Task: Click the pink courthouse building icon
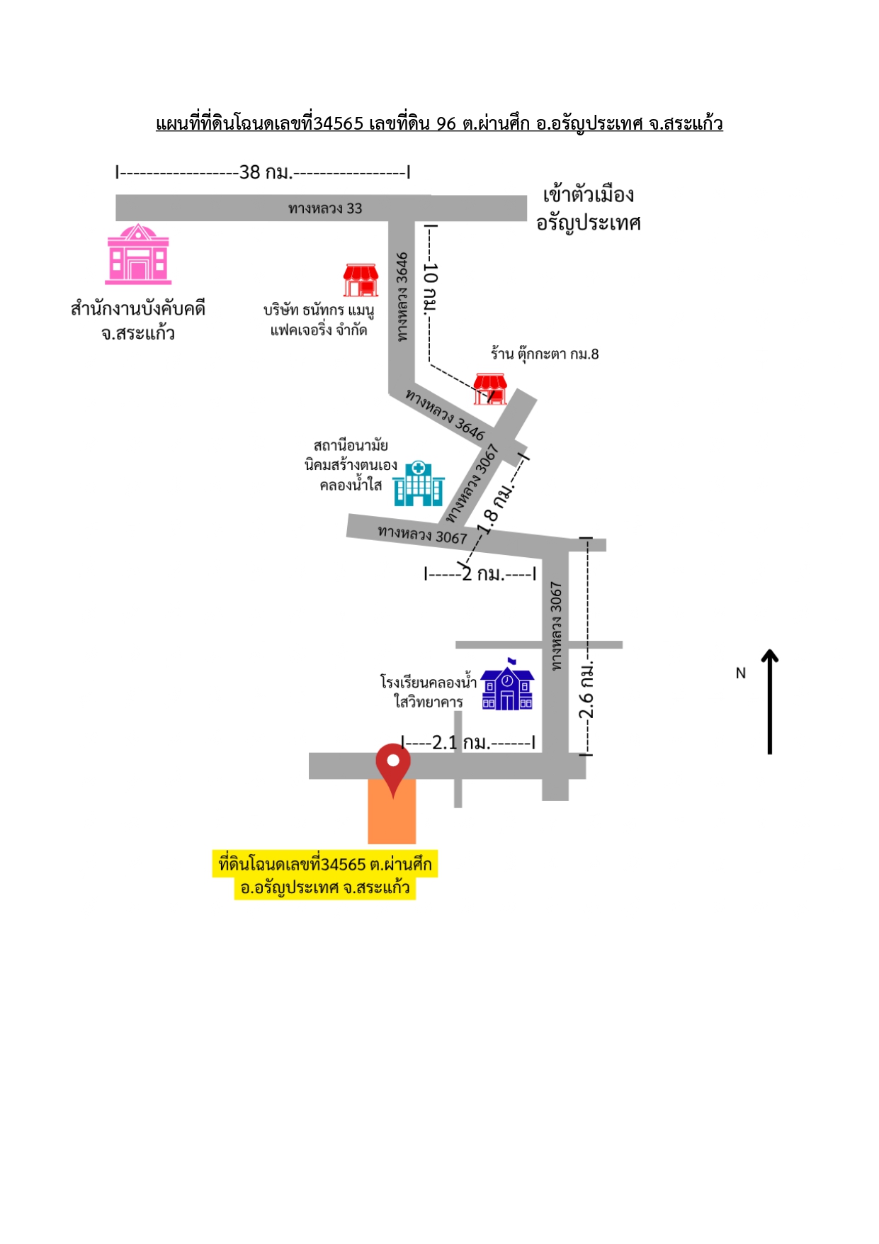coord(138,254)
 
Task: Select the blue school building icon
coord(507,685)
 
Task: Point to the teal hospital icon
coord(419,483)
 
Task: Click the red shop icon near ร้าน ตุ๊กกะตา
coord(490,389)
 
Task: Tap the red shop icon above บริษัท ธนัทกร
coord(361,280)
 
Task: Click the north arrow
coord(770,702)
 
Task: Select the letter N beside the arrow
coord(741,673)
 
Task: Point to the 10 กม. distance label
coord(430,288)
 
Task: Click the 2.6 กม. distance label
coord(586,691)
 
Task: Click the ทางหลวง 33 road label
coord(325,208)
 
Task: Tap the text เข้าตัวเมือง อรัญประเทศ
coord(589,209)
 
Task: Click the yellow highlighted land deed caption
coord(325,875)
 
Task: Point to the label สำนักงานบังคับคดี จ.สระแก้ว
coord(138,320)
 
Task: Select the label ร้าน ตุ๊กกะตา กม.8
coord(545,354)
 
